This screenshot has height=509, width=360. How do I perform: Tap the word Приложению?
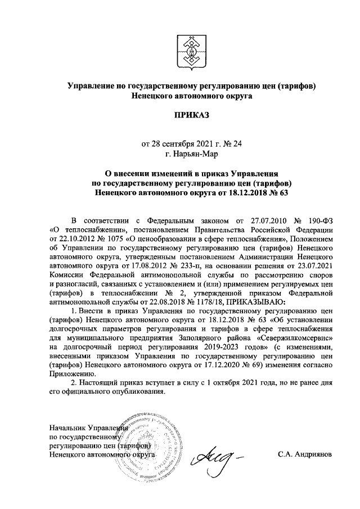pyautogui.click(x=70, y=373)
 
